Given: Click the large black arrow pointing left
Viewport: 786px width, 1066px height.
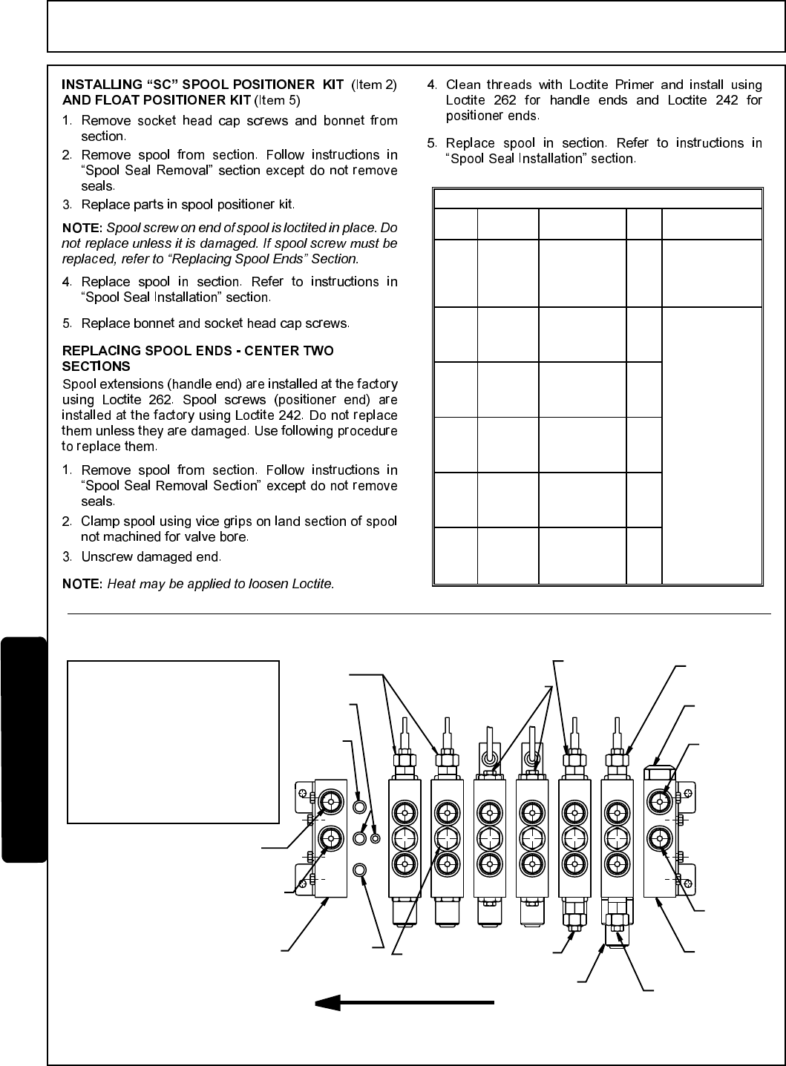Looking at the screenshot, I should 405,1003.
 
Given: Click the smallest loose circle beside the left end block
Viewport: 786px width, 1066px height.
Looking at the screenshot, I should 375,838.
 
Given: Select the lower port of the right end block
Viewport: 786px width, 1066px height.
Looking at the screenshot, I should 659,839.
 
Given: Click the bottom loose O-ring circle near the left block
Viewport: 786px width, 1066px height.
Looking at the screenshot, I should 359,869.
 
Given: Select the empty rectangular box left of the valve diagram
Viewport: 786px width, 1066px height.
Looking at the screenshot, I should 173,742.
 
